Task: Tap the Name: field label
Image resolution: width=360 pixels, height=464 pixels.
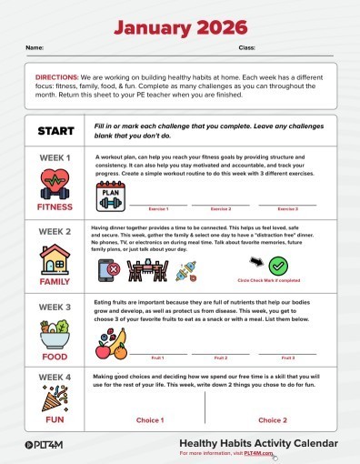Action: [x=34, y=45]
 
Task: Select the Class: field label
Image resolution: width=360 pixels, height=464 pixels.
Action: [x=246, y=45]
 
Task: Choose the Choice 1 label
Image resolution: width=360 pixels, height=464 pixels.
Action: [x=150, y=420]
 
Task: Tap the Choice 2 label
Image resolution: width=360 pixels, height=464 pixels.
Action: [x=271, y=420]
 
